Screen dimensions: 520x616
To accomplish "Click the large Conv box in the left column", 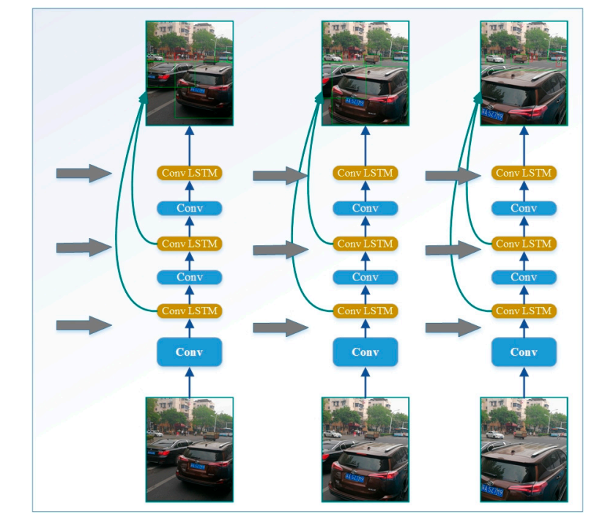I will pyautogui.click(x=189, y=352).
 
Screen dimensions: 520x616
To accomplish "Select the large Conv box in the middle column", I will pyautogui.click(x=365, y=352).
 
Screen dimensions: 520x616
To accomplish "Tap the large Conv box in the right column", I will pyautogui.click(x=524, y=352).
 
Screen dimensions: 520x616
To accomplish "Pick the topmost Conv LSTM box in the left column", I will pyautogui.click(x=189, y=174).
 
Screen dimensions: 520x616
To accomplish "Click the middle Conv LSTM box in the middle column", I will pyautogui.click(x=365, y=243).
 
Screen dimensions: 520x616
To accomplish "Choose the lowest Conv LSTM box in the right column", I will pyautogui.click(x=524, y=311).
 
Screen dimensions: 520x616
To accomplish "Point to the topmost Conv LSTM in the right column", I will pyautogui.click(x=524, y=174).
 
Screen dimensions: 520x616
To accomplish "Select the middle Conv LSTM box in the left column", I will pyautogui.click(x=189, y=243).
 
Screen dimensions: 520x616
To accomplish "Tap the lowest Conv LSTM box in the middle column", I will pyautogui.click(x=365, y=311).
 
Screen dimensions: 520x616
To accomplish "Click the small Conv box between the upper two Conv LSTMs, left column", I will pyautogui.click(x=189, y=208).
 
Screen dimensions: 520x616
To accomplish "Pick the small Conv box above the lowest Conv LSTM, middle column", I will pyautogui.click(x=365, y=277).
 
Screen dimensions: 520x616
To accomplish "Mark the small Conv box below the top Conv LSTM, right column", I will pyautogui.click(x=524, y=208).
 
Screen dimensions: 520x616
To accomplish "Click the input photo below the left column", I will pyautogui.click(x=189, y=449).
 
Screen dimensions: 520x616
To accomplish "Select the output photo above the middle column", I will pyautogui.click(x=365, y=73).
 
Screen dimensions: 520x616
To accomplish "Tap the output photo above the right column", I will pyautogui.click(x=524, y=73).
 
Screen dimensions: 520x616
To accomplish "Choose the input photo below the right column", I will pyautogui.click(x=524, y=449).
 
